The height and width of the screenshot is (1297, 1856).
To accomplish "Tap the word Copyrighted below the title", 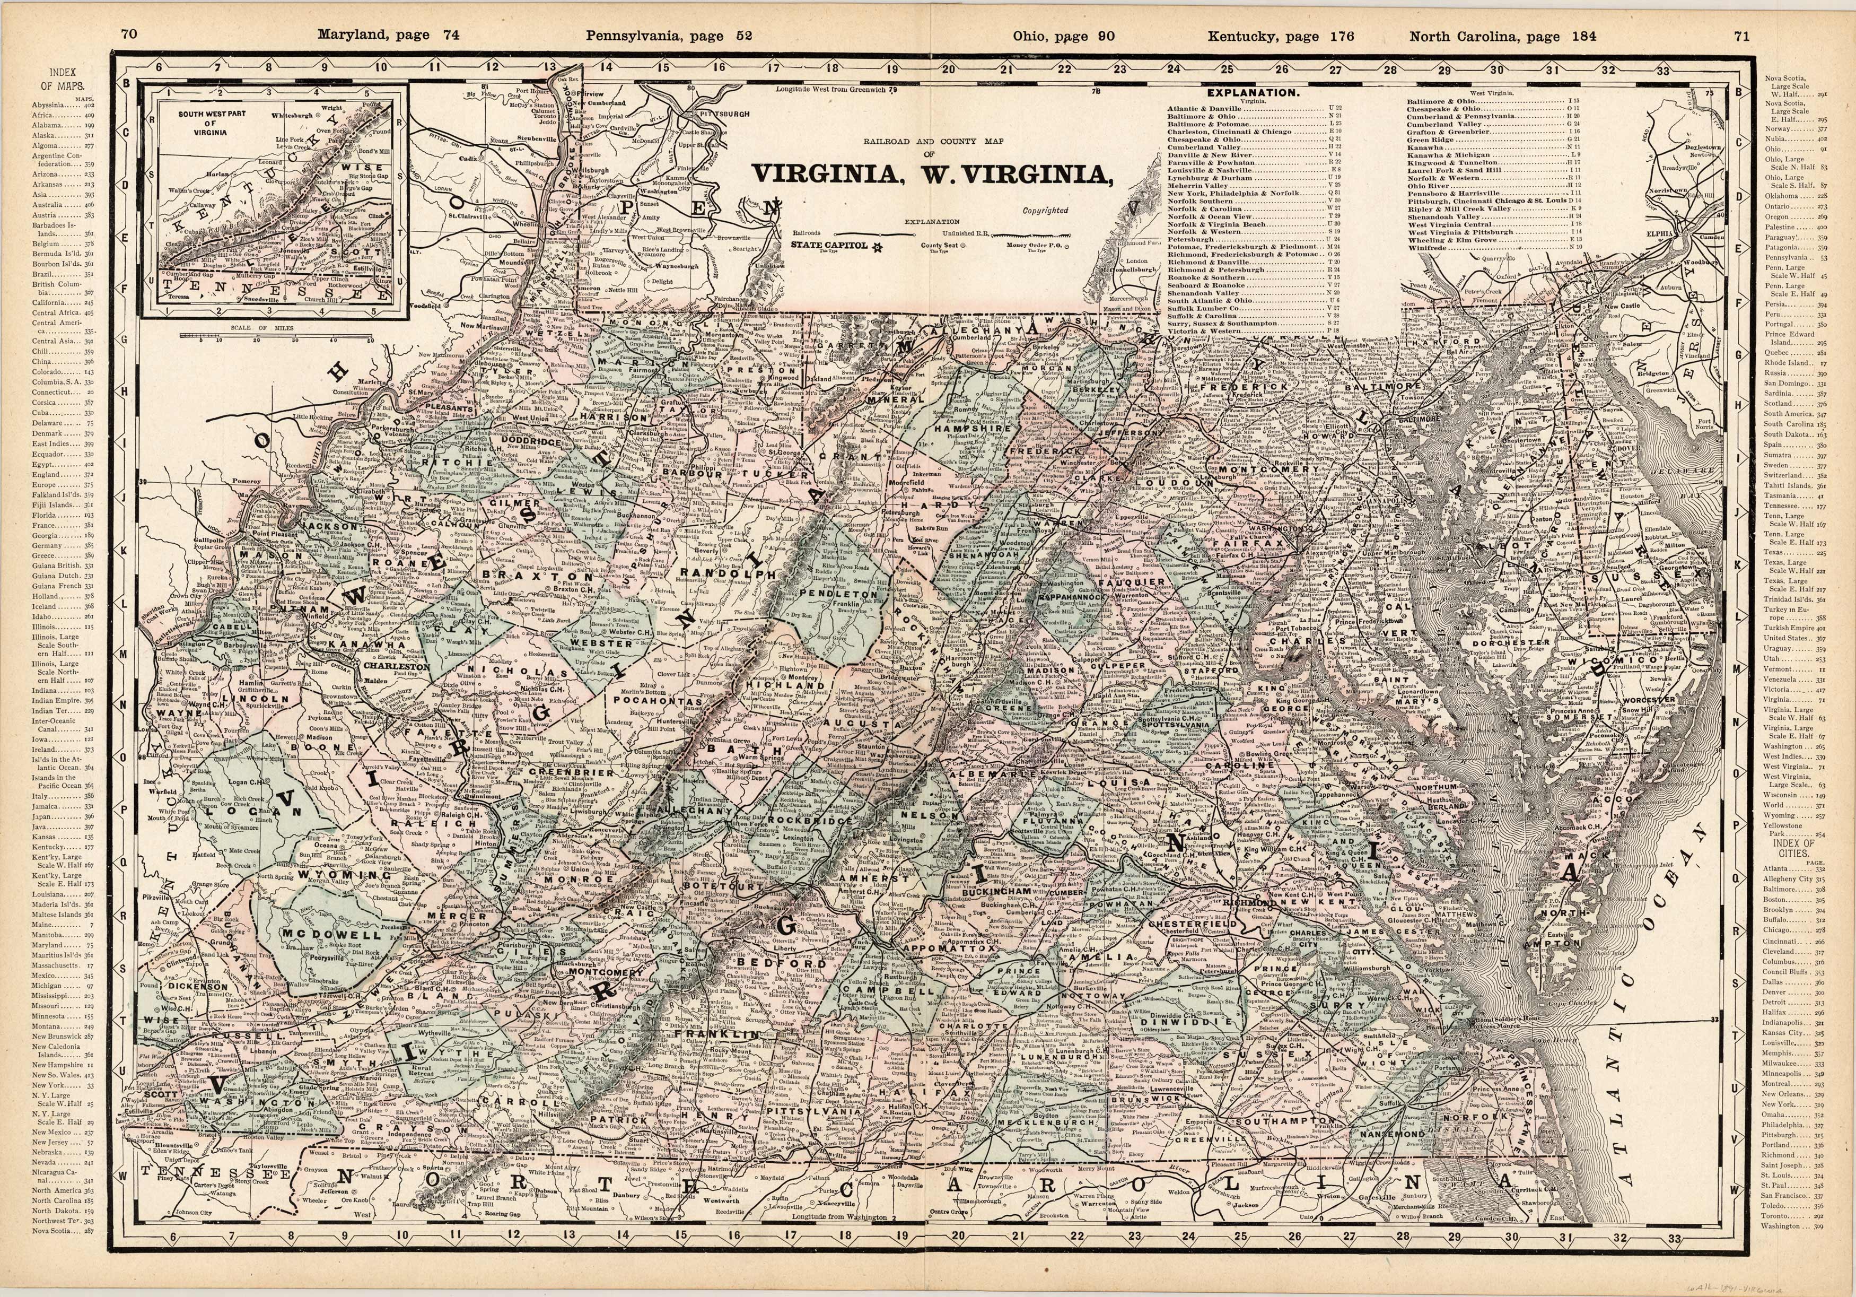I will tap(1045, 210).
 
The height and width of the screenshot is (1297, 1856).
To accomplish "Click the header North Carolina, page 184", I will tap(1503, 36).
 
